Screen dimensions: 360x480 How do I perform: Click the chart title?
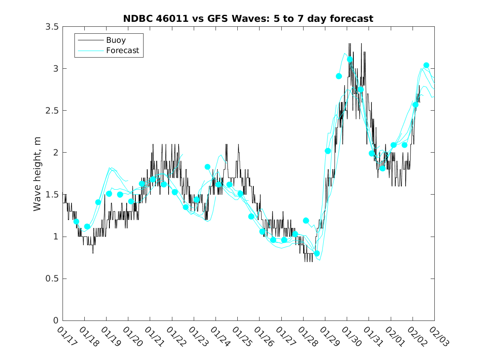pyautogui.click(x=248, y=19)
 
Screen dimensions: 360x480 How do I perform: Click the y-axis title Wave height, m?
pyautogui.click(x=37, y=174)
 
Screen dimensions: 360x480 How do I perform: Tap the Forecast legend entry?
pyautogui.click(x=123, y=51)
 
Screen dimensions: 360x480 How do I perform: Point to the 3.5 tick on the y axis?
pyautogui.click(x=51, y=26)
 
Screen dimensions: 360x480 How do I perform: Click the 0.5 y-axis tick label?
pyautogui.click(x=51, y=279)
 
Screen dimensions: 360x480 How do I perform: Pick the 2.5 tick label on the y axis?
pyautogui.click(x=51, y=111)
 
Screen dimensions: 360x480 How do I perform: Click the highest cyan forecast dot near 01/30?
pyautogui.click(x=350, y=59)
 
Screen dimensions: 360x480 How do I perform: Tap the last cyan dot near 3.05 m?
pyautogui.click(x=426, y=65)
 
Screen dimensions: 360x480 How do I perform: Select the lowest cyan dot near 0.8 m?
pyautogui.click(x=317, y=253)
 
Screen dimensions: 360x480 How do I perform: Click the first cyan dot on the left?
pyautogui.click(x=76, y=221)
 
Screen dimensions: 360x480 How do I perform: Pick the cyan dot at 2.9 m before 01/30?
pyautogui.click(x=339, y=76)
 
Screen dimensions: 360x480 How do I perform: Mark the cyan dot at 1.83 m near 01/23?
pyautogui.click(x=207, y=167)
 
